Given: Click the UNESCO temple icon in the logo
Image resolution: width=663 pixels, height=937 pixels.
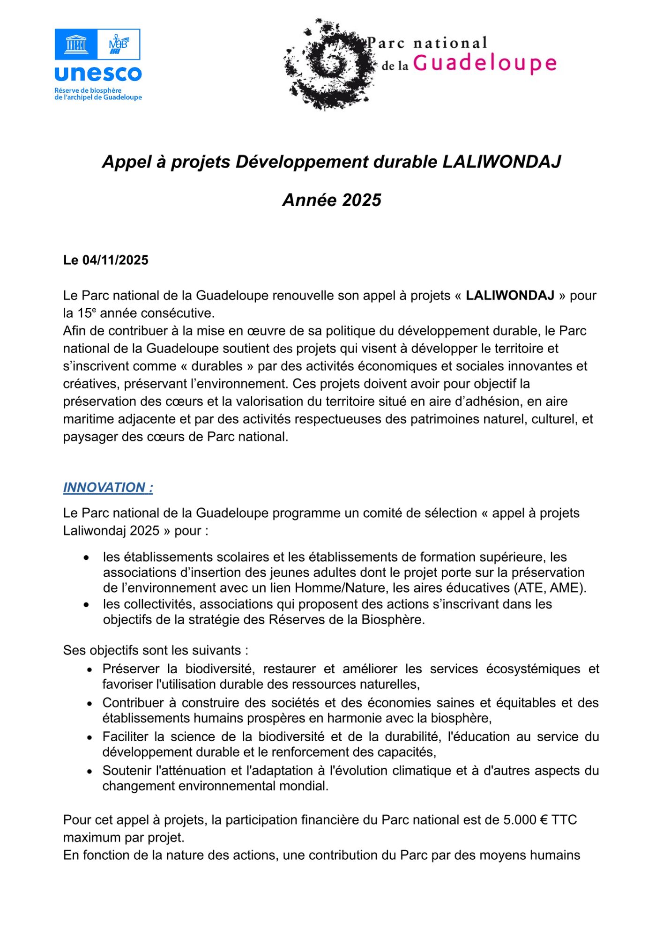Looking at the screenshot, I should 76,45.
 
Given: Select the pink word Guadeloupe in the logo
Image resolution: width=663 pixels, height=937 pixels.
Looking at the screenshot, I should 484,63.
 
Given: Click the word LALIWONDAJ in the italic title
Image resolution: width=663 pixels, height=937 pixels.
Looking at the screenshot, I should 501,162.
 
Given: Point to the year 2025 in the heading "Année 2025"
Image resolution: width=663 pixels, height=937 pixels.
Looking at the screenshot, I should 361,200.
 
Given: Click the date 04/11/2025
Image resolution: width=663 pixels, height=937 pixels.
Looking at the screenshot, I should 115,260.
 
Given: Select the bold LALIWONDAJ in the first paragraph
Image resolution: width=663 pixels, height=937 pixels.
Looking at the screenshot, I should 510,296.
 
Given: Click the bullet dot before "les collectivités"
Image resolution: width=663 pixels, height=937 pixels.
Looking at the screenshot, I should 86,605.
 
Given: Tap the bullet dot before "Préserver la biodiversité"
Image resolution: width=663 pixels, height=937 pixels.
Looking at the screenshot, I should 89,670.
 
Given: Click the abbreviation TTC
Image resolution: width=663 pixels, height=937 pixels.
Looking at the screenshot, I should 564,820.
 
